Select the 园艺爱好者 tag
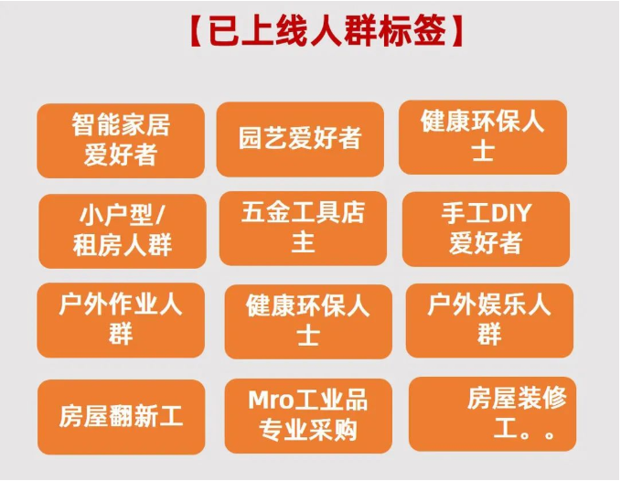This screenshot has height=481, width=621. (x=300, y=139)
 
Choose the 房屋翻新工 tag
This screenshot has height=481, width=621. (x=122, y=417)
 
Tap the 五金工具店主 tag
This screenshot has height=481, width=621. (x=303, y=228)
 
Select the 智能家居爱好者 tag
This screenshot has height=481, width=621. (x=121, y=140)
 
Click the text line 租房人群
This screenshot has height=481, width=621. (x=122, y=245)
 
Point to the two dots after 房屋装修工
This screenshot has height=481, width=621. (x=539, y=433)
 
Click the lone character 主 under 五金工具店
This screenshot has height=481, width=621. (x=303, y=243)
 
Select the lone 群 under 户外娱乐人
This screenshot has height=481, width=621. (x=489, y=335)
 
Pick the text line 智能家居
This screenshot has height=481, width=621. (x=121, y=124)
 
